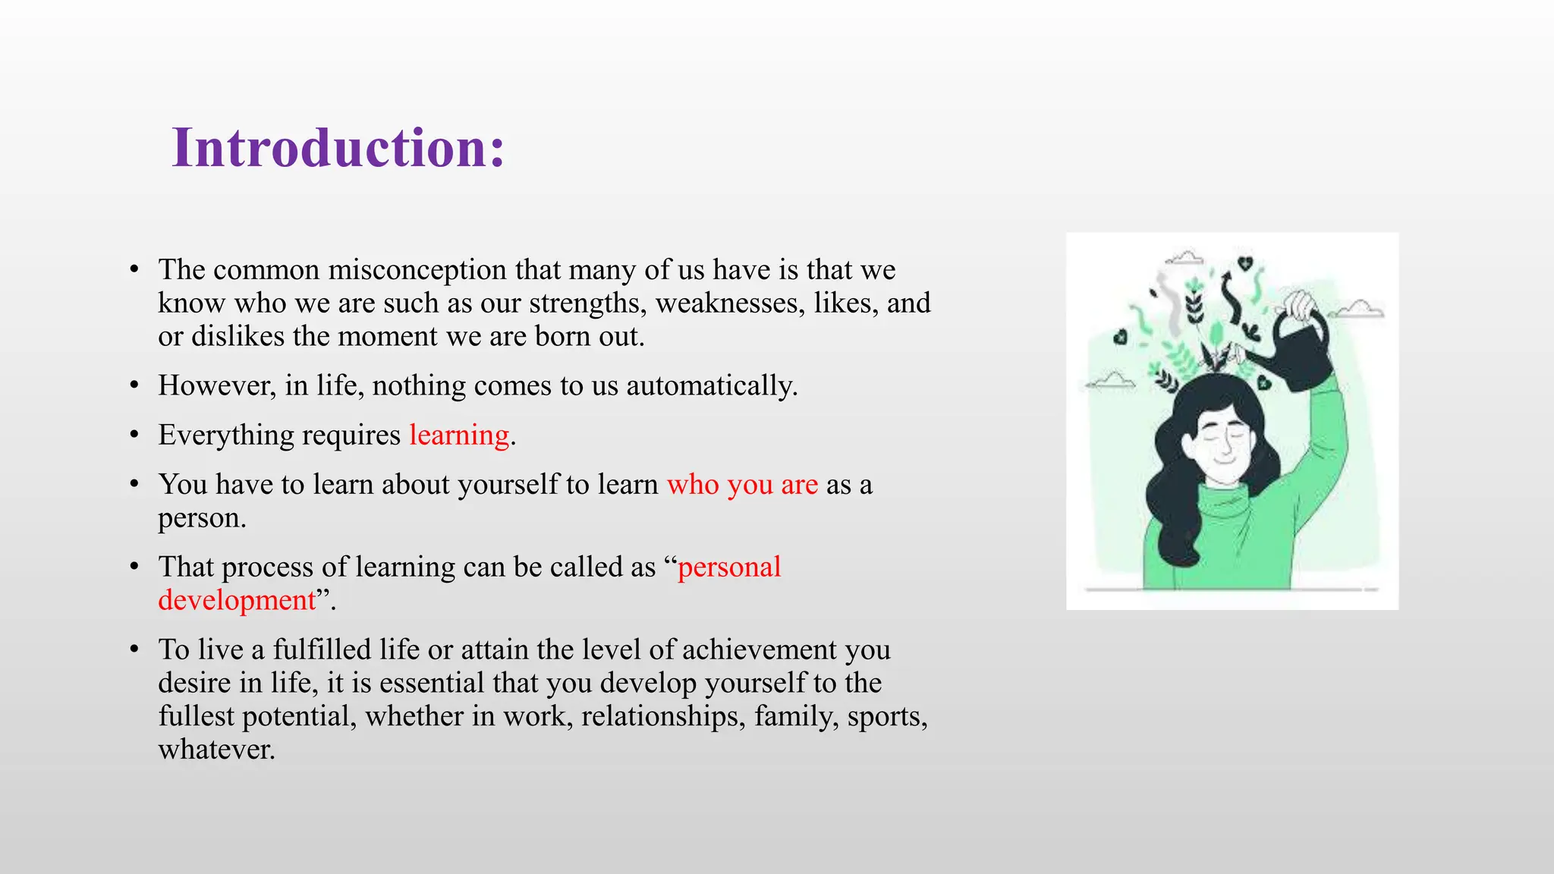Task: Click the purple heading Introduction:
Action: coord(338,147)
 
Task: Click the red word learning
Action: coord(459,435)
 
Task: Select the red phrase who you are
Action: coord(742,485)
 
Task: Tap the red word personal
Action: coord(728,567)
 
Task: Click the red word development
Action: coord(237,601)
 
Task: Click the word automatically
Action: coord(711,386)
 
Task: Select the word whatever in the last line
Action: coord(215,750)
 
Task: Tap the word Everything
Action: coord(225,435)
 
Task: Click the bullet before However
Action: coord(134,386)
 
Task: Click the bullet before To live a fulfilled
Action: coord(134,650)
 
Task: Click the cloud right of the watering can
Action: coord(1359,310)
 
